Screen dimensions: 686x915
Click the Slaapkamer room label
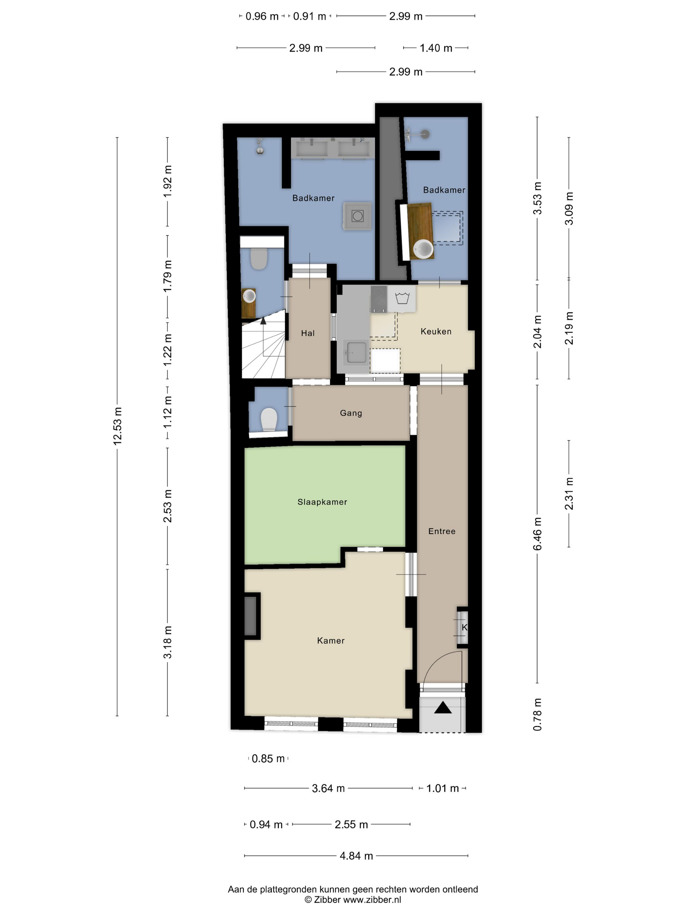click(322, 502)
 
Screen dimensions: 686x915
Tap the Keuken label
click(436, 331)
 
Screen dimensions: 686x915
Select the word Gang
click(351, 413)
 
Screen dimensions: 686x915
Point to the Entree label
click(442, 531)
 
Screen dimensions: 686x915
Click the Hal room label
click(308, 333)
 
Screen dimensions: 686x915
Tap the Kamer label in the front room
click(331, 640)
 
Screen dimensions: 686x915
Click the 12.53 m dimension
click(117, 426)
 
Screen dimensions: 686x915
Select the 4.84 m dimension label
click(356, 856)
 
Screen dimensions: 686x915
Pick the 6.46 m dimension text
click(537, 534)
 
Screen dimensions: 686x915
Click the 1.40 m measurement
click(436, 48)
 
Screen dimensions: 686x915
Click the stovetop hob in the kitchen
click(379, 299)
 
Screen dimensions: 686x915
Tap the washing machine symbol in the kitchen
click(402, 299)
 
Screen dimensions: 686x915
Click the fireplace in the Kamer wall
click(250, 616)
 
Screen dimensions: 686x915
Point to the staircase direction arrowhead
click(263, 321)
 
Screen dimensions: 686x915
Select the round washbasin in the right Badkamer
click(423, 249)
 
